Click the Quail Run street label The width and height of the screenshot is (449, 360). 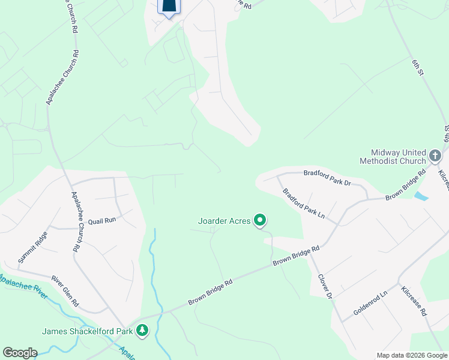[x=101, y=220]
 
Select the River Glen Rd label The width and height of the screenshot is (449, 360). [x=65, y=291]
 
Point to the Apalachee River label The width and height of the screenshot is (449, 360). [x=22, y=283]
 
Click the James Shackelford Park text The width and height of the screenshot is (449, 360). [x=88, y=331]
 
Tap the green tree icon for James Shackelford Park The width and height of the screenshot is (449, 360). [x=142, y=330]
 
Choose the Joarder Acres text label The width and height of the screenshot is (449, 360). [x=224, y=221]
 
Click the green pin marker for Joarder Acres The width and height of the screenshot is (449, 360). [x=260, y=221]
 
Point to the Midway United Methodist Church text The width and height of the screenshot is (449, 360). [x=393, y=157]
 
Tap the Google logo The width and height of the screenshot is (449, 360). [x=20, y=353]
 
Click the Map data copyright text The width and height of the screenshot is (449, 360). [x=411, y=355]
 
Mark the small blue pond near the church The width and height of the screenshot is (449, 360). [x=421, y=196]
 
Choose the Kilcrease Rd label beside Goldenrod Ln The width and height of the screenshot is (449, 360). [x=414, y=301]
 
